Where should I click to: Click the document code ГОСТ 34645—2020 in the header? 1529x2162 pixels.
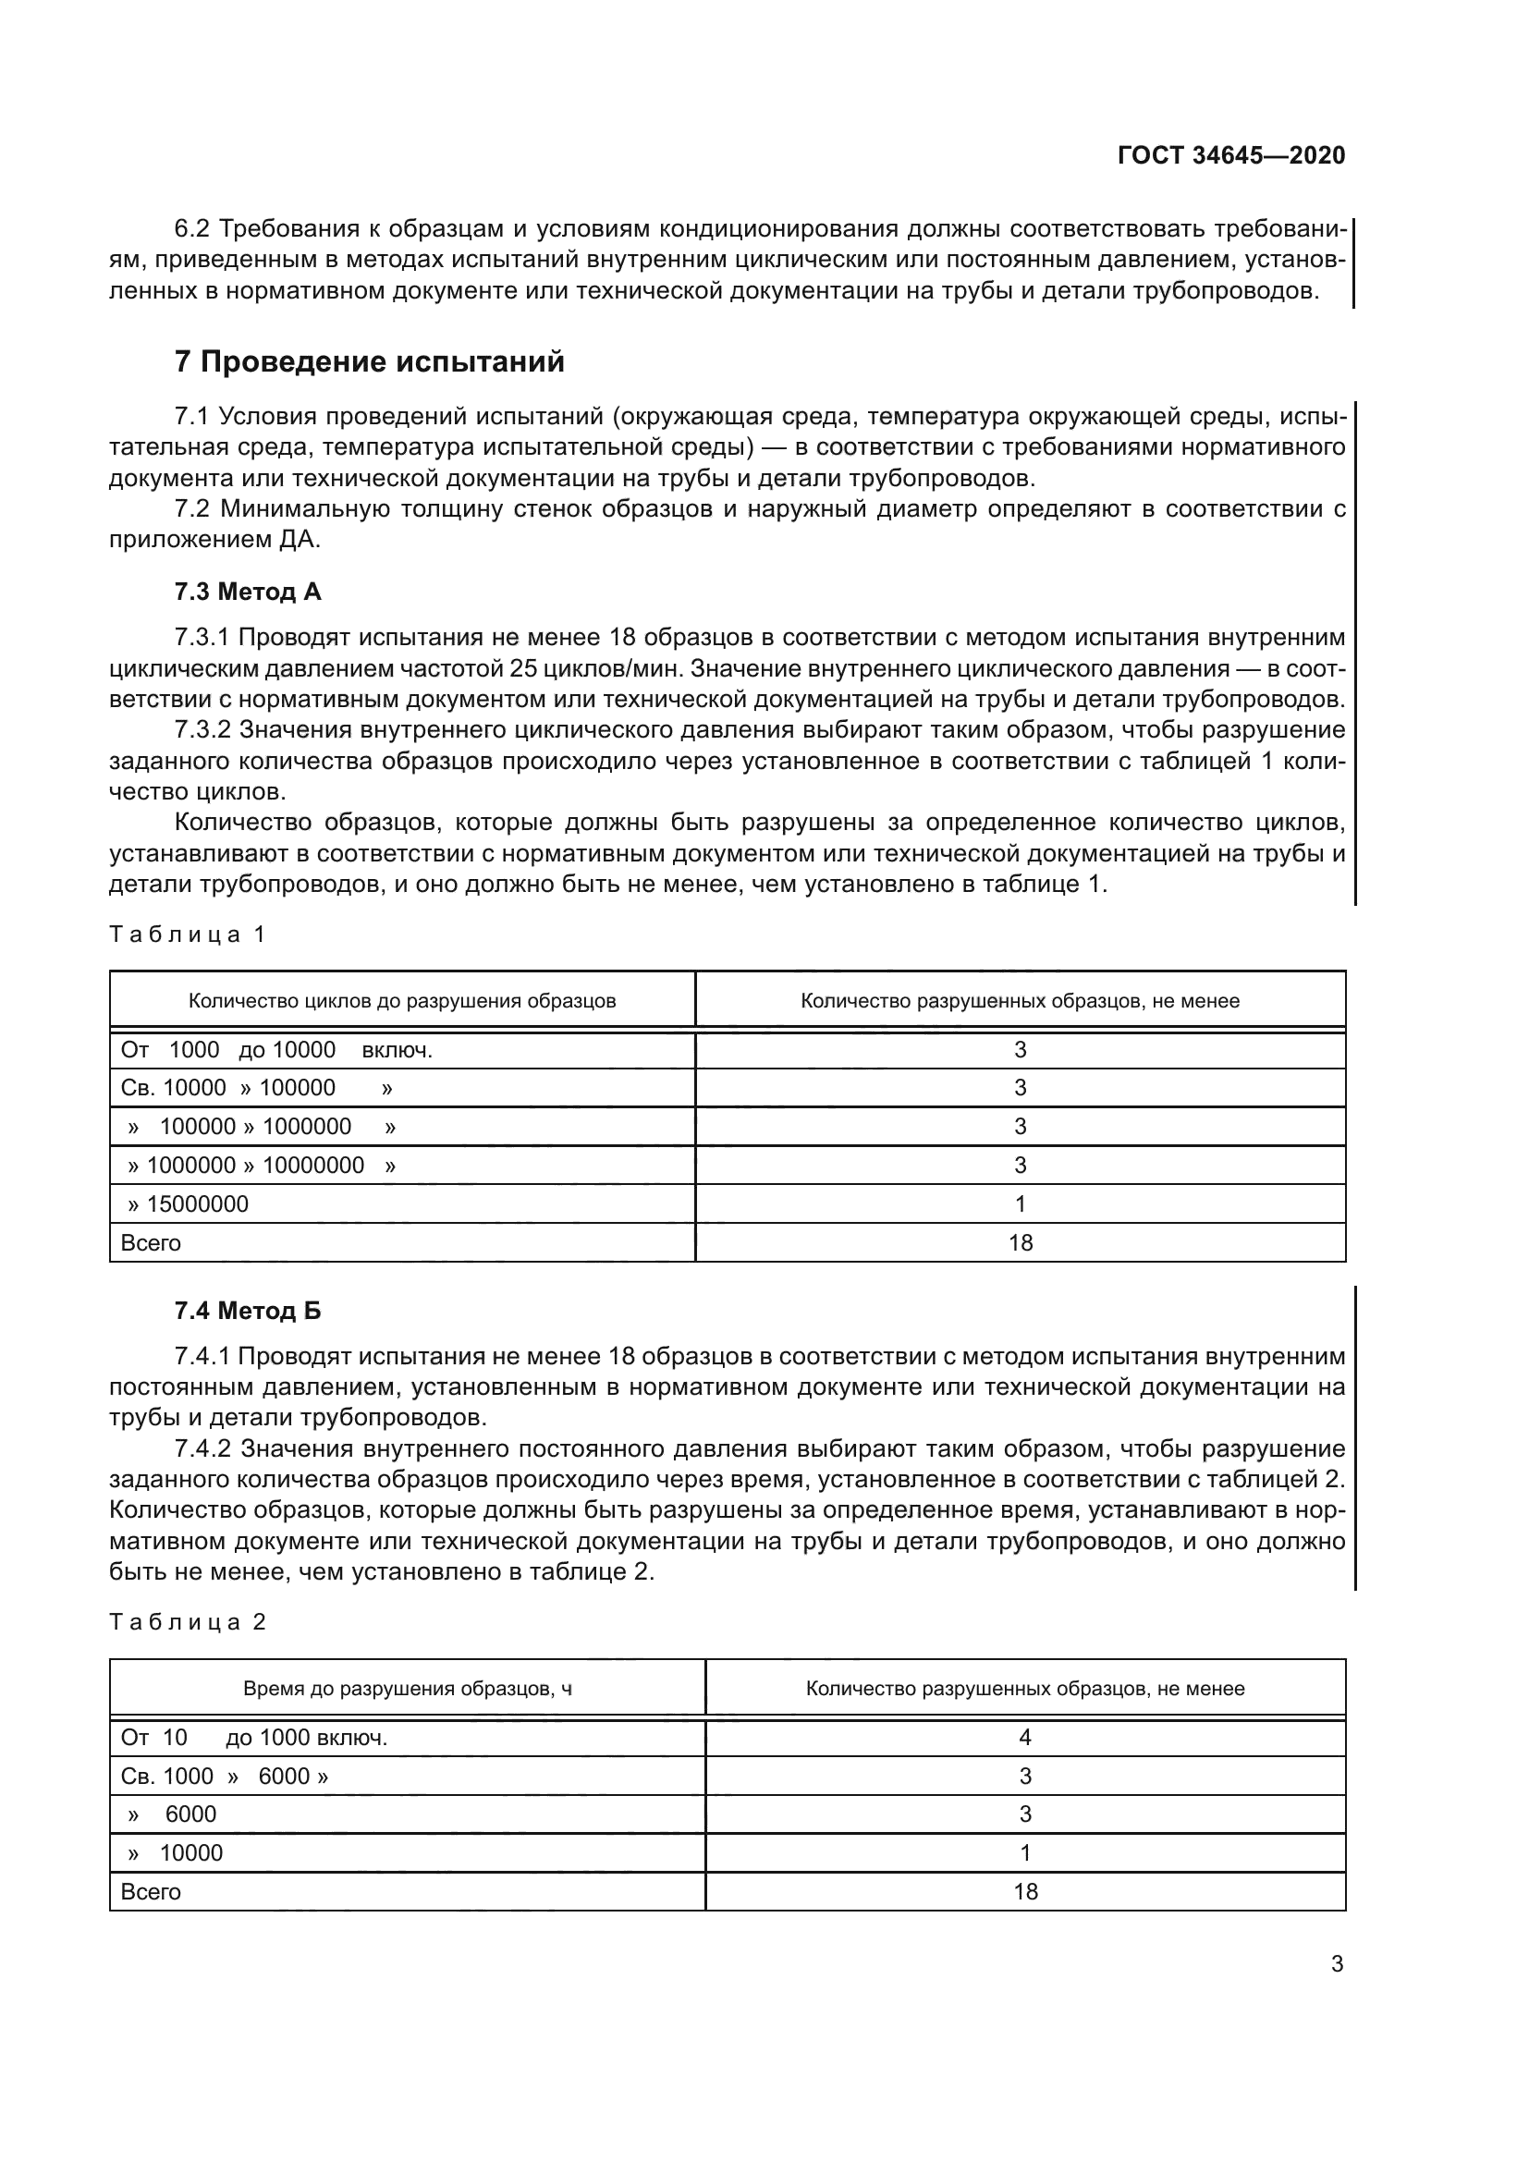point(1230,155)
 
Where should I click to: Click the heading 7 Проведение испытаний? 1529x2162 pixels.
point(369,361)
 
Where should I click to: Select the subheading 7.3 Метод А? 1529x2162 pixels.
point(248,592)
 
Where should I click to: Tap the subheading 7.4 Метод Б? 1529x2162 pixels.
point(248,1310)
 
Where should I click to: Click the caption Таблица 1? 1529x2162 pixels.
point(188,934)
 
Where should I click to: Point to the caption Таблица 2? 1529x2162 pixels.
point(188,1621)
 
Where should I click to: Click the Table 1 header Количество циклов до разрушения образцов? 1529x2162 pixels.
point(402,1001)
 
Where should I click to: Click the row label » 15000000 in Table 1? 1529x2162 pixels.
point(189,1203)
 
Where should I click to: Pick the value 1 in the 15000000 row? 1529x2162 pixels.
point(1020,1203)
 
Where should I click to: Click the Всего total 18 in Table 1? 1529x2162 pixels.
point(1020,1243)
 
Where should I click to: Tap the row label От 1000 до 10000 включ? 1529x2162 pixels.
point(275,1050)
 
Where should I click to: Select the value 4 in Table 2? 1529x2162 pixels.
point(1024,1738)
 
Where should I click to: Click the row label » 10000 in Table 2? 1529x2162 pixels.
point(176,1853)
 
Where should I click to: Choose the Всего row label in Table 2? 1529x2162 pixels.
point(151,1892)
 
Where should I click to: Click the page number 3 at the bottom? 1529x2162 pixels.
point(1336,1964)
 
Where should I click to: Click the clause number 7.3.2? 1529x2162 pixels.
point(202,730)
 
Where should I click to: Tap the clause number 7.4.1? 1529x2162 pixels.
point(202,1356)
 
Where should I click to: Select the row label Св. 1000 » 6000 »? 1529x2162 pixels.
point(224,1776)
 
